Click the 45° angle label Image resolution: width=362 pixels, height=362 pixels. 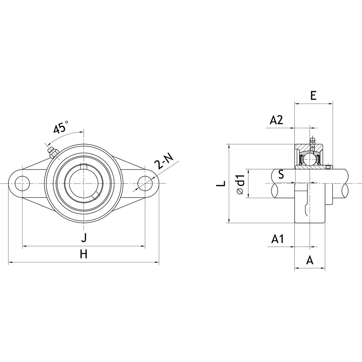point(61,128)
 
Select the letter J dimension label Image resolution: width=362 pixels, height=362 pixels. point(84,238)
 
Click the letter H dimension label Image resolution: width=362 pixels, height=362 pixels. point(84,254)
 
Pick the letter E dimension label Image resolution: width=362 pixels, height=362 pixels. point(313,96)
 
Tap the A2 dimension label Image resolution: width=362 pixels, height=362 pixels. point(276,120)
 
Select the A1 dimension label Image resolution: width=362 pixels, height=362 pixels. point(278,239)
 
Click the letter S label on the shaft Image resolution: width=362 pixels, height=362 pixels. point(281,175)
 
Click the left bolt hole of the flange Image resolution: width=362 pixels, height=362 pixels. point(22,183)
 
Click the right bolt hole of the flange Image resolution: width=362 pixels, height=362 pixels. point(145,183)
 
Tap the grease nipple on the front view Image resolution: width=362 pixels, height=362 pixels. point(51,152)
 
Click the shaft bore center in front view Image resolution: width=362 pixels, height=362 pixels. point(84,183)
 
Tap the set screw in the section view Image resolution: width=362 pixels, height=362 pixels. point(328,167)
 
